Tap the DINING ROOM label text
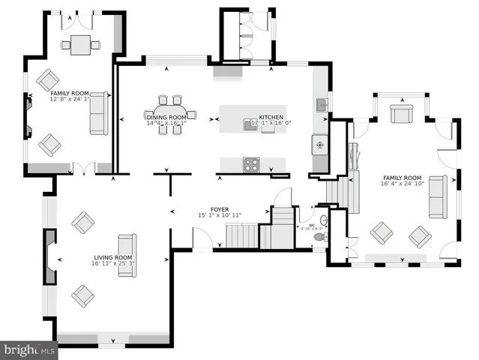tap(166, 117)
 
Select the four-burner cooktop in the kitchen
tap(250, 163)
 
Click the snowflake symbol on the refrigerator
tap(320, 142)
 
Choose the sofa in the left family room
tap(98, 113)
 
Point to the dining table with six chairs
tap(171, 114)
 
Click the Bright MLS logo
tap(29, 349)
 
